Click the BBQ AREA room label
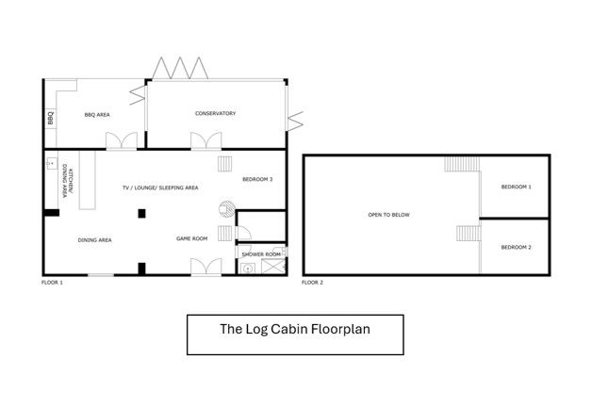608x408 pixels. point(97,115)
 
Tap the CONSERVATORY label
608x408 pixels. point(215,113)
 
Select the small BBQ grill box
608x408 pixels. point(50,118)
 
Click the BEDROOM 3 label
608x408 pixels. point(257,179)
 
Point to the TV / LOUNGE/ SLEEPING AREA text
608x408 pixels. point(160,188)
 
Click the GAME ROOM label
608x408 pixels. point(192,238)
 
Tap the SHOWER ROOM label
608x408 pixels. point(261,254)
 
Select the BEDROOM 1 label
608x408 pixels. point(517,187)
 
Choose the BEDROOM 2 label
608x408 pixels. point(517,247)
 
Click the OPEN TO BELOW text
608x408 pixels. point(388,215)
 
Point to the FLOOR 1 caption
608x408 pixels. point(52,283)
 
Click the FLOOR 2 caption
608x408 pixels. point(312,283)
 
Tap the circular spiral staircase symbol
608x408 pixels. point(227,209)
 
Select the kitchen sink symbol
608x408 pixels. point(52,164)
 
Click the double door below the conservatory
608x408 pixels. point(205,140)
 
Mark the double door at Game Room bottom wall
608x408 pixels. point(205,267)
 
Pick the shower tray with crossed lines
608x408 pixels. point(272,267)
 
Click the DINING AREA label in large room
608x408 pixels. point(94,240)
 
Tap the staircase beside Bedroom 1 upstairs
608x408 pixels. point(462,164)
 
